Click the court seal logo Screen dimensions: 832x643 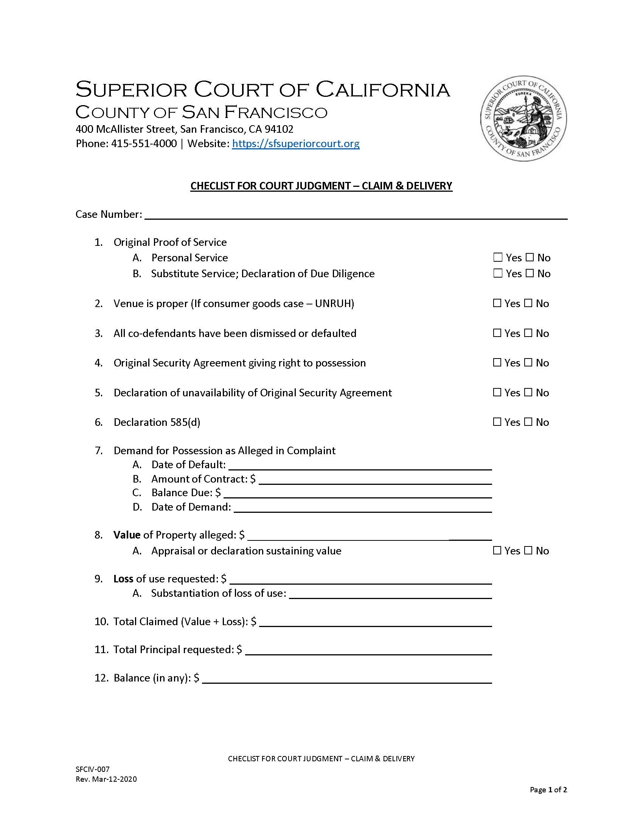click(523, 118)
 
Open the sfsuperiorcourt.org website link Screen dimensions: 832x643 click(296, 144)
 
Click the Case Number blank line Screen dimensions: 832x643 click(356, 215)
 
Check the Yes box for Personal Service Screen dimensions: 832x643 click(497, 258)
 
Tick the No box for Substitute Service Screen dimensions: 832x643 click(530, 273)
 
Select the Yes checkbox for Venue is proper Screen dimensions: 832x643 click(497, 303)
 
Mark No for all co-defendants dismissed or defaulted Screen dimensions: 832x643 click(528, 333)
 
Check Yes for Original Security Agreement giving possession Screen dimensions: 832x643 click(497, 363)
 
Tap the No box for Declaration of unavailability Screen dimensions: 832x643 click(528, 393)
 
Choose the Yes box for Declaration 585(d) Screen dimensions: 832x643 click(497, 422)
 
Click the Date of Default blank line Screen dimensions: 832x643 click(360, 466)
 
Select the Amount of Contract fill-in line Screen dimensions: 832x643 click(375, 480)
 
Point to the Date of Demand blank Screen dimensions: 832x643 click(363, 508)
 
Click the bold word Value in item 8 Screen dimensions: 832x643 click(127, 535)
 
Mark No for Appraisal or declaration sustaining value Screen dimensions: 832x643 click(528, 551)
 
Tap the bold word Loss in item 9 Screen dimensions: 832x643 click(123, 579)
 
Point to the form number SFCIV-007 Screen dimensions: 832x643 click(93, 769)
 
